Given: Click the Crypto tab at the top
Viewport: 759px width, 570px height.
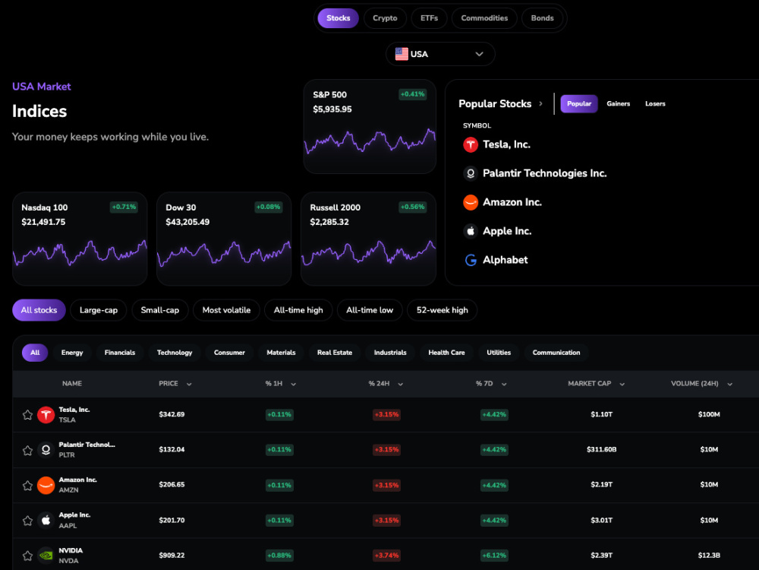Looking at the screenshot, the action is (385, 18).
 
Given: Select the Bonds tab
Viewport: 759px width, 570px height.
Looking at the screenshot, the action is (542, 18).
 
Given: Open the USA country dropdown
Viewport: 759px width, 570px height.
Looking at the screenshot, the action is (440, 54).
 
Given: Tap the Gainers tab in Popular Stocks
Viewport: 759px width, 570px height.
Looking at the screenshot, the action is (618, 103).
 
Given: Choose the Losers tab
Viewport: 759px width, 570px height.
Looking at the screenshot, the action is (655, 103).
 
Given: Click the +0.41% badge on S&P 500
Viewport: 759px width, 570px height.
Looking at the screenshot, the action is (412, 94).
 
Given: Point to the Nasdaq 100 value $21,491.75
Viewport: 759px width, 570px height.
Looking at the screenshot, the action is (43, 222).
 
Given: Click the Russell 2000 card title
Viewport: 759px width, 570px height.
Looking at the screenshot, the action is (335, 207).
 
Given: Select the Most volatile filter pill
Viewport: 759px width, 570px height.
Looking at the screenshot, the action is (226, 310).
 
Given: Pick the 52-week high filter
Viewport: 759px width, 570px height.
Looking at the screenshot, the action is (442, 310).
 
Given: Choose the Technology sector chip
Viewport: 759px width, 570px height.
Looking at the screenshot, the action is (175, 353).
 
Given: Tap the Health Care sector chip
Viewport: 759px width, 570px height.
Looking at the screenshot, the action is (446, 353).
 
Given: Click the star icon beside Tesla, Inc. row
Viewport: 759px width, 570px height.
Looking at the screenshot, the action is (27, 415).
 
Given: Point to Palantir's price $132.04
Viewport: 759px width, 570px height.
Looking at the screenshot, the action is (172, 449).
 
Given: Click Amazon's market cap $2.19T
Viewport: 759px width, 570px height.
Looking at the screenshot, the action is (602, 484).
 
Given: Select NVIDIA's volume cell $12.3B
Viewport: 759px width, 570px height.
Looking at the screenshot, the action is (709, 555).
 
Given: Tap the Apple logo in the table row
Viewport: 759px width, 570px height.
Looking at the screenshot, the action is (46, 520).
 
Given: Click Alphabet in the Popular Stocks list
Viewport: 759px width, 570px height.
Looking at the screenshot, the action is (505, 260).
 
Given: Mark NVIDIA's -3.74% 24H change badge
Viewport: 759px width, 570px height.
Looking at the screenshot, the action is (386, 556).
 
